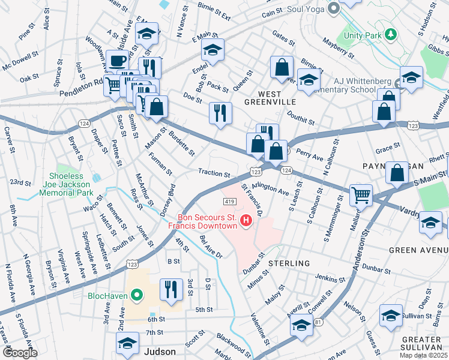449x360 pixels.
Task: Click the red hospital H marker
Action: [x=246, y=221]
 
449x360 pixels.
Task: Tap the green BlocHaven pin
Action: [x=136, y=295]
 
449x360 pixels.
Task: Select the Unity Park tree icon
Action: [x=391, y=35]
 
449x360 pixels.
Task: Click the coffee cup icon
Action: [x=117, y=61]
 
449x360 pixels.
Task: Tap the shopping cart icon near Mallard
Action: [x=361, y=194]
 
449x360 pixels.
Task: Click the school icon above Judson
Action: [x=127, y=344]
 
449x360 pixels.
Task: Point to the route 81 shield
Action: [x=318, y=322]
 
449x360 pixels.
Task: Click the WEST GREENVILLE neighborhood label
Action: [x=278, y=98]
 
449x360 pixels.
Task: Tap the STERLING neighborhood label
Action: [x=289, y=263]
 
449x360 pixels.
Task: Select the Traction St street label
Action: [x=214, y=173]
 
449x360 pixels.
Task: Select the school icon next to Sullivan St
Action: [x=391, y=316]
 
